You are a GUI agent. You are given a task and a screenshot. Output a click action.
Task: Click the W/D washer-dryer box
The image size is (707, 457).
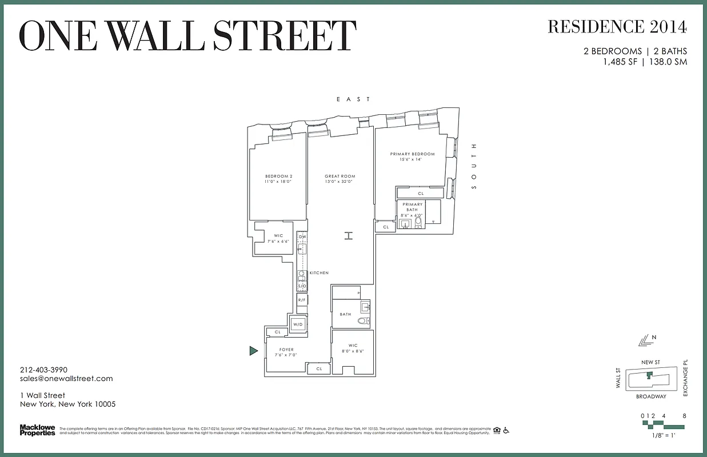tap(298, 324)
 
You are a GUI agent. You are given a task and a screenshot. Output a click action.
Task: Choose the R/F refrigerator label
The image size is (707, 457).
tap(302, 300)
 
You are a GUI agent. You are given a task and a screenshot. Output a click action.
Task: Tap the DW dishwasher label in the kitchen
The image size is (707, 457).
tap(302, 236)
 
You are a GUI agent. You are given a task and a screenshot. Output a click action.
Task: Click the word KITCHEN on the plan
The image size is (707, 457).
tap(319, 273)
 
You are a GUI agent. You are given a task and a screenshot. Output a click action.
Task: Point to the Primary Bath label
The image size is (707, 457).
tap(412, 207)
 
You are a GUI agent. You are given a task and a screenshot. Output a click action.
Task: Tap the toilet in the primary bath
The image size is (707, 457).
tap(418, 221)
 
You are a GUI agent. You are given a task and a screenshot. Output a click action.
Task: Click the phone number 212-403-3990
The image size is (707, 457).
tap(43, 370)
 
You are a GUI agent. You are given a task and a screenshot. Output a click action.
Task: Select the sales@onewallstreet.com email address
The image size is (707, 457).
tap(66, 378)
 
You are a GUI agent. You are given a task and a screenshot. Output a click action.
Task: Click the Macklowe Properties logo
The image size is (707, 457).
tap(38, 430)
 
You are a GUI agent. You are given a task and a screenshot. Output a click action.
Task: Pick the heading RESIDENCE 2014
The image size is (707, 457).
tap(617, 27)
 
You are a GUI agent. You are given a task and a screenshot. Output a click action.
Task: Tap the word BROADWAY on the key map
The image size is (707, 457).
tap(651, 396)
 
